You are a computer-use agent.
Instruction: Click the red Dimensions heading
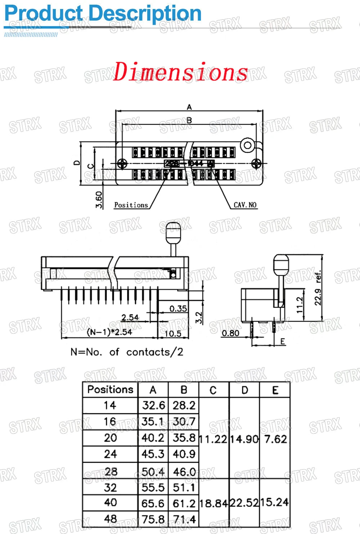click(x=181, y=71)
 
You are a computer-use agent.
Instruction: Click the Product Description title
click(x=103, y=14)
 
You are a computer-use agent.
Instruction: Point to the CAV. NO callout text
click(x=245, y=205)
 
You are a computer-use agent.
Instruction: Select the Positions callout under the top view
click(x=131, y=205)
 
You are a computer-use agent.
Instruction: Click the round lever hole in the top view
click(x=248, y=145)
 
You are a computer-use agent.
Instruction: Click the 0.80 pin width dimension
click(x=230, y=333)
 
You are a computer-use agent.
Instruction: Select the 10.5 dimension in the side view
click(x=173, y=333)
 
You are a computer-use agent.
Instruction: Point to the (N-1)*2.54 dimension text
click(x=109, y=332)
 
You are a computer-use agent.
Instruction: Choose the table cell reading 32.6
click(x=153, y=405)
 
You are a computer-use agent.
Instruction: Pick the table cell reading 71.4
click(x=184, y=519)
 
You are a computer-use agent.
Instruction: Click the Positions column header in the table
click(x=110, y=390)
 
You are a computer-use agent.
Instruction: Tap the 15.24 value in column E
click(x=275, y=502)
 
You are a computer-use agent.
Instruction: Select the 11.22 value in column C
click(x=213, y=439)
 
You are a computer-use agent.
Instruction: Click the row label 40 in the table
click(x=110, y=503)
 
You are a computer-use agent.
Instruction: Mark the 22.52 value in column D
click(x=244, y=503)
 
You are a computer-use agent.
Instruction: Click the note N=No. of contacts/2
click(x=127, y=352)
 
